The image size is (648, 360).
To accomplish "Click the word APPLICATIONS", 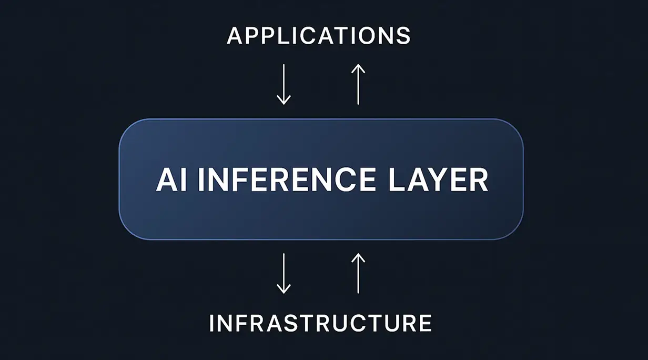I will pyautogui.click(x=319, y=36).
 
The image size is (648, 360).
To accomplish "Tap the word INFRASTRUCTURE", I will pyautogui.click(x=320, y=323).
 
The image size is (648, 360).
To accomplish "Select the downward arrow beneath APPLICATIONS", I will pyautogui.click(x=283, y=84).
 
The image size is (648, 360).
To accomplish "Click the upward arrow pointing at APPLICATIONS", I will pyautogui.click(x=358, y=84).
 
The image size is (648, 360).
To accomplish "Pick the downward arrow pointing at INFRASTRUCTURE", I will pyautogui.click(x=283, y=273).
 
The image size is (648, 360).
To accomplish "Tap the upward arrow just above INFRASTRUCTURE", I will pyautogui.click(x=358, y=273).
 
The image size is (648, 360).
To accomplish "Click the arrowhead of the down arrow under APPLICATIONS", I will pyautogui.click(x=283, y=100).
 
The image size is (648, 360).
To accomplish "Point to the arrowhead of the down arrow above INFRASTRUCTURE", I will pyautogui.click(x=283, y=289).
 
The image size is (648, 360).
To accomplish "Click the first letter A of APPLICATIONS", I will pyautogui.click(x=235, y=36).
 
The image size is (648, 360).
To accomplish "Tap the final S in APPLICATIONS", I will pyautogui.click(x=403, y=36).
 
